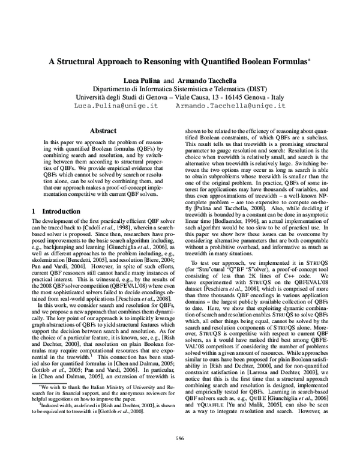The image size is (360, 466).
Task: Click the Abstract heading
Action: pos(102,130)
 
